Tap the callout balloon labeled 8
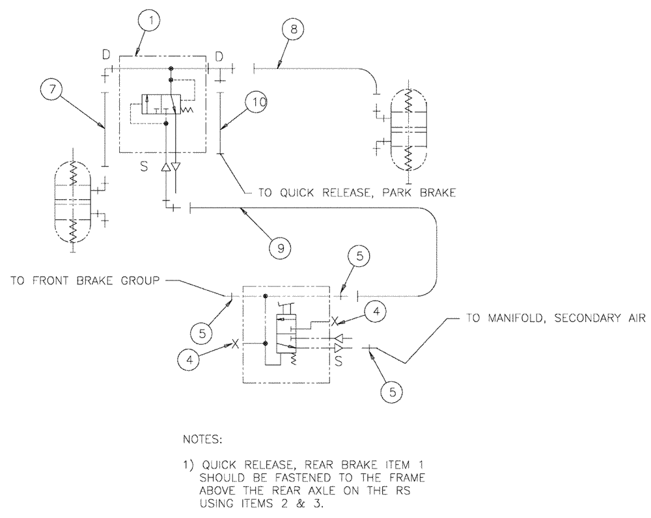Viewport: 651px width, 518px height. click(x=293, y=31)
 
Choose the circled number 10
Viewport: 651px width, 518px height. click(x=260, y=102)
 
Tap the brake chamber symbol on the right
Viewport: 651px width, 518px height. click(x=408, y=129)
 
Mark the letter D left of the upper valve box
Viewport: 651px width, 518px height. click(x=105, y=56)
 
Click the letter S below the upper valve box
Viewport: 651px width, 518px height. click(x=143, y=167)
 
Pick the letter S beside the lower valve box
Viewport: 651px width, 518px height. click(x=338, y=358)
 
